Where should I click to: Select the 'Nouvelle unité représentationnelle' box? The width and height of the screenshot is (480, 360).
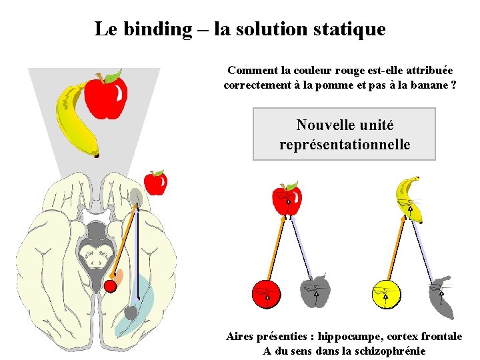(344, 134)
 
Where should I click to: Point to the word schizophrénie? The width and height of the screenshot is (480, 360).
(389, 351)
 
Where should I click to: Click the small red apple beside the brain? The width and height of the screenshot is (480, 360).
(155, 182)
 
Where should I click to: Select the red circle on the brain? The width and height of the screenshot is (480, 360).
(111, 285)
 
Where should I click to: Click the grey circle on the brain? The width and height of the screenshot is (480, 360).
(131, 311)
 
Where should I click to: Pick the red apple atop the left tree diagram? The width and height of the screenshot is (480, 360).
(287, 199)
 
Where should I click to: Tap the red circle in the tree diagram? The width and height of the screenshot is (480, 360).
(266, 294)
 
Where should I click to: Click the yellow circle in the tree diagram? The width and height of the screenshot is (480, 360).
(386, 294)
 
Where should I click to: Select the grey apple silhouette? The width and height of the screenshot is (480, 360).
(315, 291)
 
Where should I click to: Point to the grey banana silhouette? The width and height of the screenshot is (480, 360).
(442, 298)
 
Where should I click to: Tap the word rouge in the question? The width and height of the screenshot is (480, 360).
(337, 70)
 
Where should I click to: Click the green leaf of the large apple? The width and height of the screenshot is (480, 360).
(113, 75)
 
